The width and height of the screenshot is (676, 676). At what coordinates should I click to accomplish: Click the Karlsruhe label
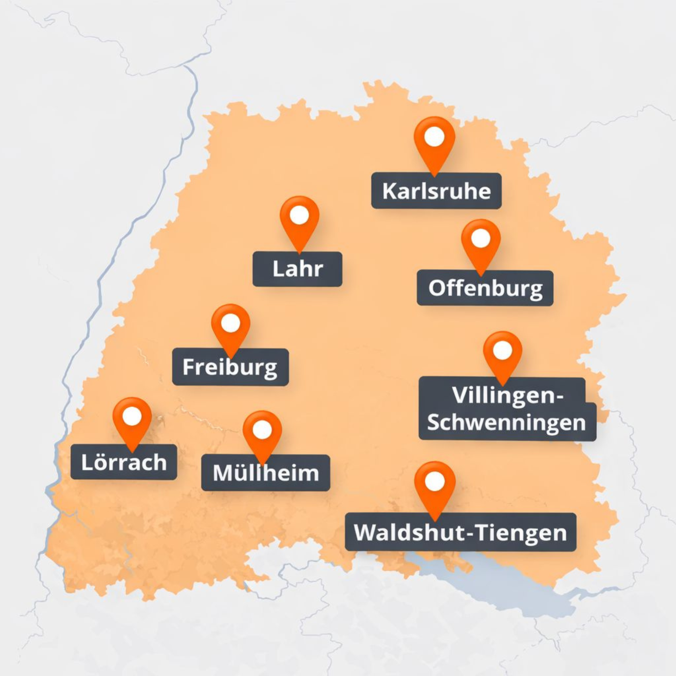(x=436, y=191)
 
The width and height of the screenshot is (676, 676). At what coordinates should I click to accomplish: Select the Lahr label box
(x=297, y=269)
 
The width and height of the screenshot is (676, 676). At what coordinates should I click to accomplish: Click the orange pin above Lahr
(x=299, y=220)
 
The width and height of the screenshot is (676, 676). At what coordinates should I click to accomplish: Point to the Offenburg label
(x=485, y=288)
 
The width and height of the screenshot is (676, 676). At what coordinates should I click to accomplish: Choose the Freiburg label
(x=230, y=367)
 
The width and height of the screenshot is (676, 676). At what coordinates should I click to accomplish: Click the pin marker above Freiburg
(x=231, y=327)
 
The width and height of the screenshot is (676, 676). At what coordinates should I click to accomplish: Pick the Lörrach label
(x=124, y=462)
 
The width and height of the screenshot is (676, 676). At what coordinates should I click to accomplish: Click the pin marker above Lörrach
(x=132, y=421)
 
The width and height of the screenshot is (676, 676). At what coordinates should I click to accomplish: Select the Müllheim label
(x=266, y=473)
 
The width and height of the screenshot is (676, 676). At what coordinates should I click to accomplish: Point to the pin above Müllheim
(x=262, y=434)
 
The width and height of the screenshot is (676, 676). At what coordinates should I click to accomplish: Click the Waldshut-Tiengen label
(x=460, y=532)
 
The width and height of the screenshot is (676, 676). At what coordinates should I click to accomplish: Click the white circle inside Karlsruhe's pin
(x=434, y=137)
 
